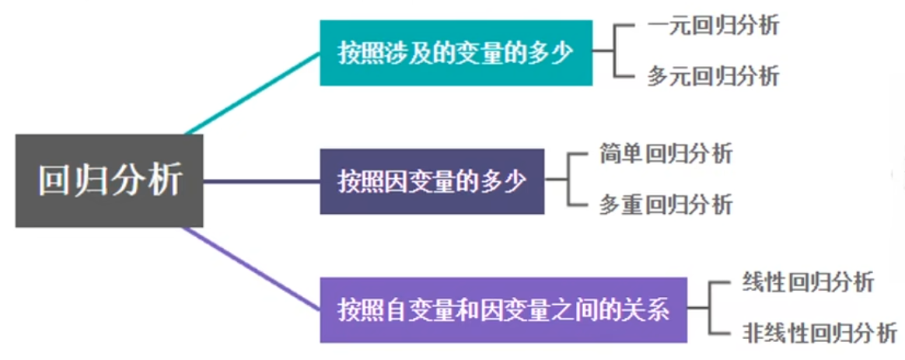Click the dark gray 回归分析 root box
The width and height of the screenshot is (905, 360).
[110, 180]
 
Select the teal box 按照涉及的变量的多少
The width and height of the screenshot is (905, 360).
[456, 53]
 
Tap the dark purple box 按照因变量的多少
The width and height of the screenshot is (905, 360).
[432, 181]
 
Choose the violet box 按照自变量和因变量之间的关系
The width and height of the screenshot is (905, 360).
[504, 309]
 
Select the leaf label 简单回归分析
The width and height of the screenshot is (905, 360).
[666, 153]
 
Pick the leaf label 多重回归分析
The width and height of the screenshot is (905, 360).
[666, 204]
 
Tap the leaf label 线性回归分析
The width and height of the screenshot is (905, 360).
[808, 282]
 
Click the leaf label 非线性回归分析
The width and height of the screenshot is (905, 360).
[819, 334]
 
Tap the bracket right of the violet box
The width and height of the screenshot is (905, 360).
[708, 308]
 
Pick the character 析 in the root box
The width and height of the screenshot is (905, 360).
[165, 180]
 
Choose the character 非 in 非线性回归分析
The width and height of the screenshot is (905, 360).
[754, 334]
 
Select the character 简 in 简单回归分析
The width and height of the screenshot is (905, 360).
[610, 153]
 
